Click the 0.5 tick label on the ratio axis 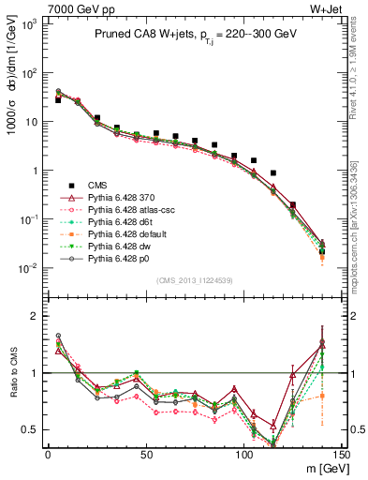click(31, 429)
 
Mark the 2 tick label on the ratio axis click(36, 316)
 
